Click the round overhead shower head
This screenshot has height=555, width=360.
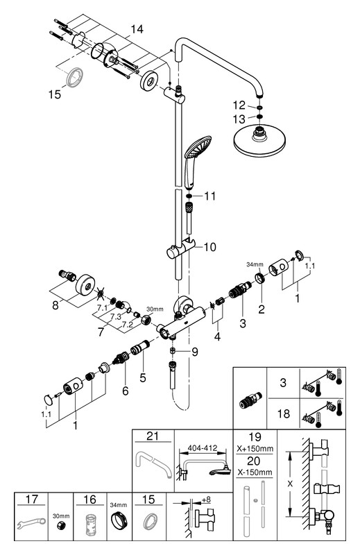(259, 142)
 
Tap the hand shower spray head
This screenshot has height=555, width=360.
(198, 147)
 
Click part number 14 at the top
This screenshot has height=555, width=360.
(137, 29)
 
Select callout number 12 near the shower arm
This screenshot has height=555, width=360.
(239, 105)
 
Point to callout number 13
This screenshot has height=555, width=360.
(239, 119)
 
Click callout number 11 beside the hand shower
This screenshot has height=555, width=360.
(209, 196)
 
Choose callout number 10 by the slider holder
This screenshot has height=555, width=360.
(209, 247)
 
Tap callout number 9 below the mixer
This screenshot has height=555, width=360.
(194, 352)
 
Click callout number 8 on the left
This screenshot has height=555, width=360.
(55, 305)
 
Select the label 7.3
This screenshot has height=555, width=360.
(115, 316)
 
